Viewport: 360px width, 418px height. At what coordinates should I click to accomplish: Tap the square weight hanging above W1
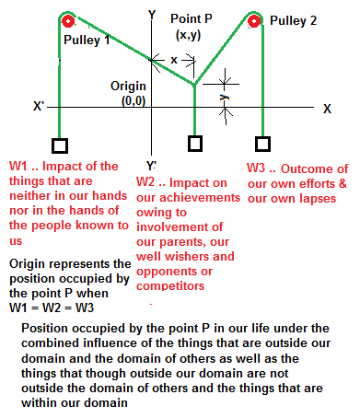59,145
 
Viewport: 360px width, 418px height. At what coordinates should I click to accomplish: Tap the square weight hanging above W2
194,145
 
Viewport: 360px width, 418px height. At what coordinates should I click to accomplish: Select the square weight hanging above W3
263,145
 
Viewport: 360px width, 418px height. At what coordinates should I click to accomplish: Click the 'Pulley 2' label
308,19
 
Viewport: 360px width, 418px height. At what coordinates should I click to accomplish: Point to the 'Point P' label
195,19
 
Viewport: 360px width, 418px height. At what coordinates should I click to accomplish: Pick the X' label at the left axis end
39,106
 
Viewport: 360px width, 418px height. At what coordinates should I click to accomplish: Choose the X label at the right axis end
327,108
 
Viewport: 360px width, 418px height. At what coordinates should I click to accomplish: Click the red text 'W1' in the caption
18,167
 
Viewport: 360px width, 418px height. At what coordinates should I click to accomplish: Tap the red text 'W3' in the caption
259,168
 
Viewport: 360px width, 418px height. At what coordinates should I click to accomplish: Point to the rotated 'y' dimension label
225,96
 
